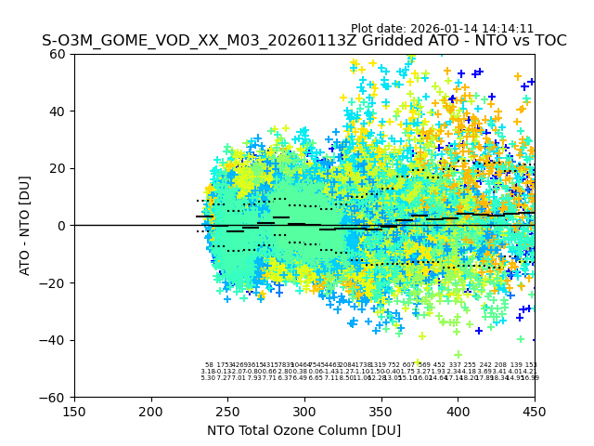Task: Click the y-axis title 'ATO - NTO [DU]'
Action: point(26,226)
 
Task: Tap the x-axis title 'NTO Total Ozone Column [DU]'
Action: point(304,430)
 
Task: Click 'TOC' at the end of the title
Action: point(549,41)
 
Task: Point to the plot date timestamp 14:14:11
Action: point(509,29)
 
